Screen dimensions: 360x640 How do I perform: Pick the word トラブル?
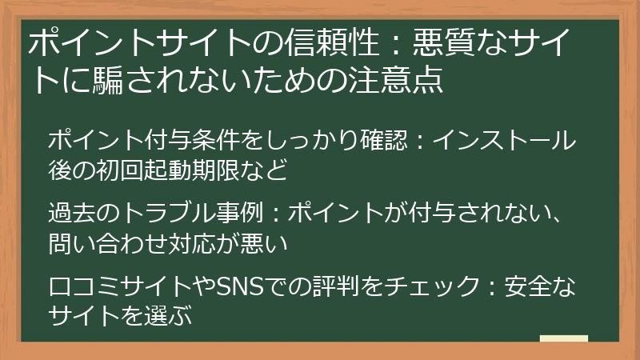[x=168, y=214]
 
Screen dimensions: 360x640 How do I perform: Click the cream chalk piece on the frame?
[x=564, y=339]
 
